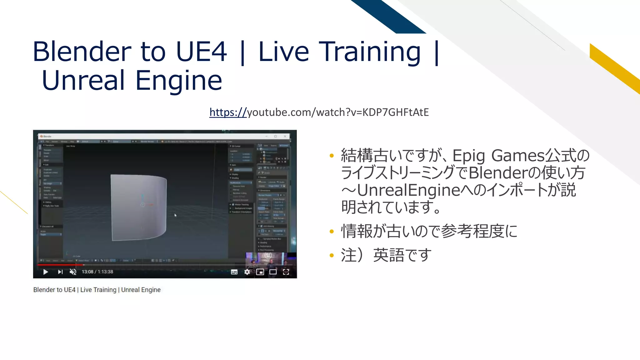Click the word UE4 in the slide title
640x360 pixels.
[x=201, y=52]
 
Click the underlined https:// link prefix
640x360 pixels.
[x=228, y=112]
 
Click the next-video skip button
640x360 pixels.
[x=60, y=272]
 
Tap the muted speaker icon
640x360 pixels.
[x=73, y=272]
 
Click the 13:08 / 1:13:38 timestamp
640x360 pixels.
[x=97, y=272]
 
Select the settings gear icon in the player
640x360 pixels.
[x=247, y=272]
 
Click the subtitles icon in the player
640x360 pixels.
[x=234, y=272]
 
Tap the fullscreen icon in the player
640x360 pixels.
[x=286, y=272]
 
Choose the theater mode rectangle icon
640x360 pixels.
[x=273, y=272]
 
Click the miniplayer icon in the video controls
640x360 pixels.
[x=260, y=272]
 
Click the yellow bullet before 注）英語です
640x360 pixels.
[x=332, y=256]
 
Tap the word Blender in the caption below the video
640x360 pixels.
[x=44, y=290]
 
